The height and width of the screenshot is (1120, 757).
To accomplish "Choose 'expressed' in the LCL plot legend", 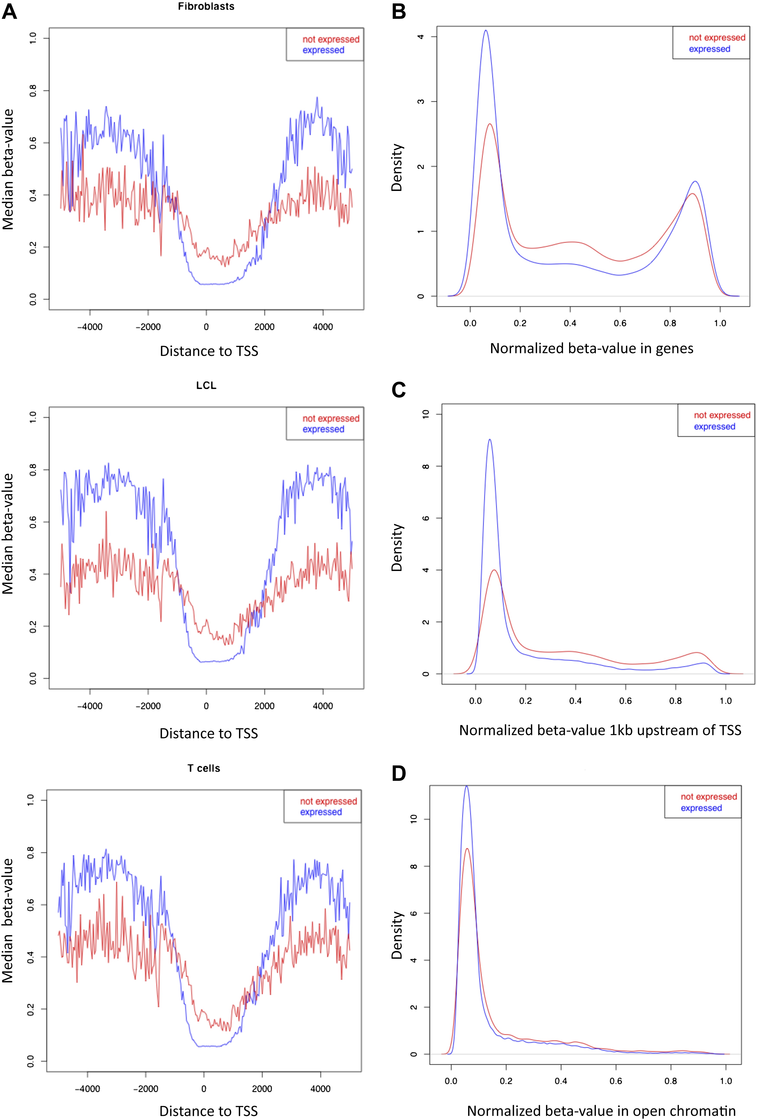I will click(x=323, y=429).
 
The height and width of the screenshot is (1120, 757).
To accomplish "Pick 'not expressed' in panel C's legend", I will click(x=722, y=415).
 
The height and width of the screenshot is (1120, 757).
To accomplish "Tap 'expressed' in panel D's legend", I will click(x=701, y=808).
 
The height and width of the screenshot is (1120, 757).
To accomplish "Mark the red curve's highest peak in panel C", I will click(x=494, y=570).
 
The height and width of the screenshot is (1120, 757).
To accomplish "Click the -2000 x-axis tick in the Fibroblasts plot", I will click(x=148, y=327).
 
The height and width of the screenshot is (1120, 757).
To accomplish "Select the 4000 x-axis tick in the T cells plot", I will click(x=320, y=1089).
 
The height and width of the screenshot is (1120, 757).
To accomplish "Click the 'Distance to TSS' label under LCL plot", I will click(x=209, y=733).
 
